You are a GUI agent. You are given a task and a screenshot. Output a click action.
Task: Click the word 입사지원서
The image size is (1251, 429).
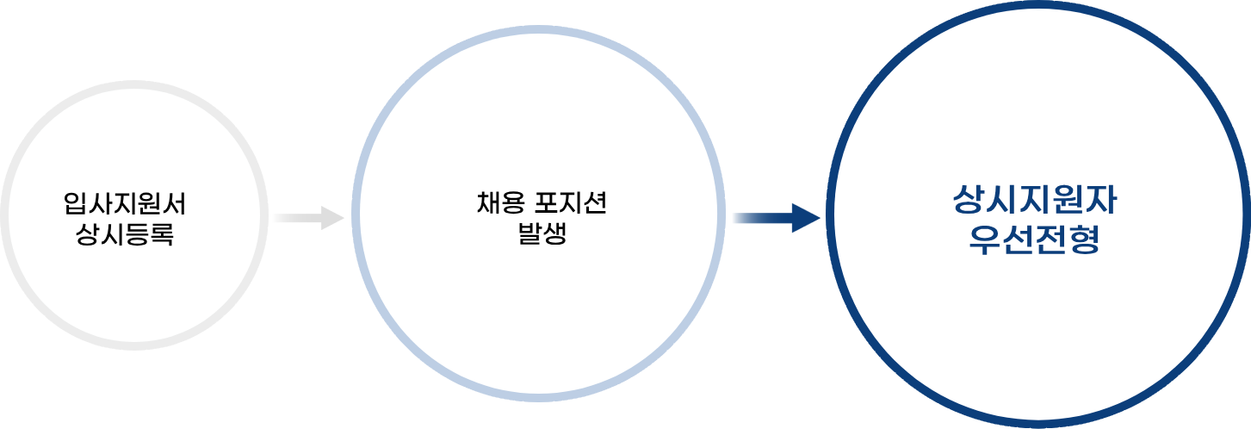(x=126, y=204)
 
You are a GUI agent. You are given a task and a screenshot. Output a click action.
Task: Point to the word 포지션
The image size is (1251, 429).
(x=569, y=204)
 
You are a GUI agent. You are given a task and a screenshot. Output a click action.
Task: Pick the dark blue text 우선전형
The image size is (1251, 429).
(x=1035, y=239)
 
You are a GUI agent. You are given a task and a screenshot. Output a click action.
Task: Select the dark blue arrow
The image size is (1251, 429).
(x=771, y=218)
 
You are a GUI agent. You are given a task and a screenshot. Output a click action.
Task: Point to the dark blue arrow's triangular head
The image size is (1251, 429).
(x=805, y=218)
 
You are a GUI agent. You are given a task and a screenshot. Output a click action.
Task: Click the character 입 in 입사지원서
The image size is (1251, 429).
(x=76, y=204)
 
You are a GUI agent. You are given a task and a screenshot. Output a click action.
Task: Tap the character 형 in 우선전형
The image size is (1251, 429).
(x=1085, y=239)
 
